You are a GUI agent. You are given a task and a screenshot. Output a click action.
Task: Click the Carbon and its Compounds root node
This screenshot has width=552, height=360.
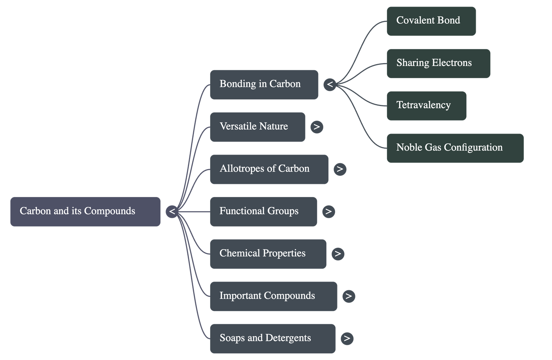tap(85, 212)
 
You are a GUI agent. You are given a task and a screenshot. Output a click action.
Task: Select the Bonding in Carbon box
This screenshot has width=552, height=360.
tap(264, 85)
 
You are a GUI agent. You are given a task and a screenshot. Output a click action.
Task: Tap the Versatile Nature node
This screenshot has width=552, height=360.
tap(257, 127)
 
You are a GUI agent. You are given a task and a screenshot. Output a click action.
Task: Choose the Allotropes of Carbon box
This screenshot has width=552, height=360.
tap(269, 169)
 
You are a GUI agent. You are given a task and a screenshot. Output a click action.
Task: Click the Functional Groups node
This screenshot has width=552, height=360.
tap(263, 212)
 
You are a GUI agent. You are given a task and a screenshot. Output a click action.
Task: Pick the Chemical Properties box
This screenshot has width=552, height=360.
tap(268, 254)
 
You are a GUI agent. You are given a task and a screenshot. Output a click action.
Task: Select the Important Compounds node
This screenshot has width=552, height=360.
tap(273, 296)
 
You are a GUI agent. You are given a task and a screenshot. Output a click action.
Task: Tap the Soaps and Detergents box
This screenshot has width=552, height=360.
tap(273, 338)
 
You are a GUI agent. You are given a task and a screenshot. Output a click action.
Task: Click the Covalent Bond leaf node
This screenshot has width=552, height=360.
tap(431, 21)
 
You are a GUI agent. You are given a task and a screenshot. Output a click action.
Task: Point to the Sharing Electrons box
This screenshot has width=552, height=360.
tap(438, 64)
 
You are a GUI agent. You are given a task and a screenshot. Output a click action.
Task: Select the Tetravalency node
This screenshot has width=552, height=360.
tap(426, 106)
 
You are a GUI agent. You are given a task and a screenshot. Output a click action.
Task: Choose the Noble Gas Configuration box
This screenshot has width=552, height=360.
tap(455, 148)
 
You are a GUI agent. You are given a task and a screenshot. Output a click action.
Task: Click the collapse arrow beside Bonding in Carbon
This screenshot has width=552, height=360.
tap(330, 85)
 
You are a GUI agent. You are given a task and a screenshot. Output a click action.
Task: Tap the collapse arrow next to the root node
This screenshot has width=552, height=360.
tap(172, 212)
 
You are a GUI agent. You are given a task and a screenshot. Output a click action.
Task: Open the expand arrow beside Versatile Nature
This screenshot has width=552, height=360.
tap(317, 127)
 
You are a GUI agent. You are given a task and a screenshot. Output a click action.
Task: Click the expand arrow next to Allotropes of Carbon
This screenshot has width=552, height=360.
tap(340, 169)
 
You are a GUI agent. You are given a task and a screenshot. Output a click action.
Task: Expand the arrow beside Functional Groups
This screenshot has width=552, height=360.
tap(328, 212)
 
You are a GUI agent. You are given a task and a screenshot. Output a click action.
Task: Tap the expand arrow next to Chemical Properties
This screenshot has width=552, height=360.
tap(338, 254)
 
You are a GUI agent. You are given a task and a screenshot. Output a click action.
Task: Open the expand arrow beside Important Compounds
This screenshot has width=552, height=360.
tap(348, 296)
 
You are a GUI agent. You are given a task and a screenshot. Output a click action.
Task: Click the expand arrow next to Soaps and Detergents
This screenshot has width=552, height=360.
tap(347, 338)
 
